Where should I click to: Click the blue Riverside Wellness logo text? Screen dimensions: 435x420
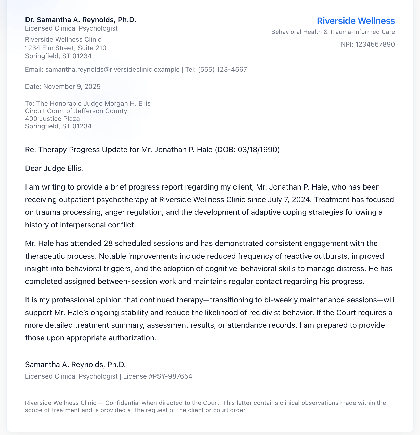(x=356, y=21)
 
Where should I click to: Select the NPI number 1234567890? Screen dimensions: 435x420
(x=375, y=45)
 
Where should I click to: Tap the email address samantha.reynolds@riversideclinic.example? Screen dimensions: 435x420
(x=112, y=70)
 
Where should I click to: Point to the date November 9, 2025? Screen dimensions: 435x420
(x=72, y=87)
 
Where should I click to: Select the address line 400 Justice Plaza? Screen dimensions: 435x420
(x=52, y=119)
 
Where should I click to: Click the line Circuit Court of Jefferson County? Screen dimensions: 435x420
(x=76, y=111)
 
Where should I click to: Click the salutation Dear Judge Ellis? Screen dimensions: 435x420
(x=54, y=168)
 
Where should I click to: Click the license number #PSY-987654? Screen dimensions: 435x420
(x=170, y=376)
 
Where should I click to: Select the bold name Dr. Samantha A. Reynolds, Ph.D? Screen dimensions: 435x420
(x=81, y=20)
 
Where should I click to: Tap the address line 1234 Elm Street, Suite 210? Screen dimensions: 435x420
(x=65, y=48)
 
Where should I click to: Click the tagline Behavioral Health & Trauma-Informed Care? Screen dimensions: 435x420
(x=333, y=32)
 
